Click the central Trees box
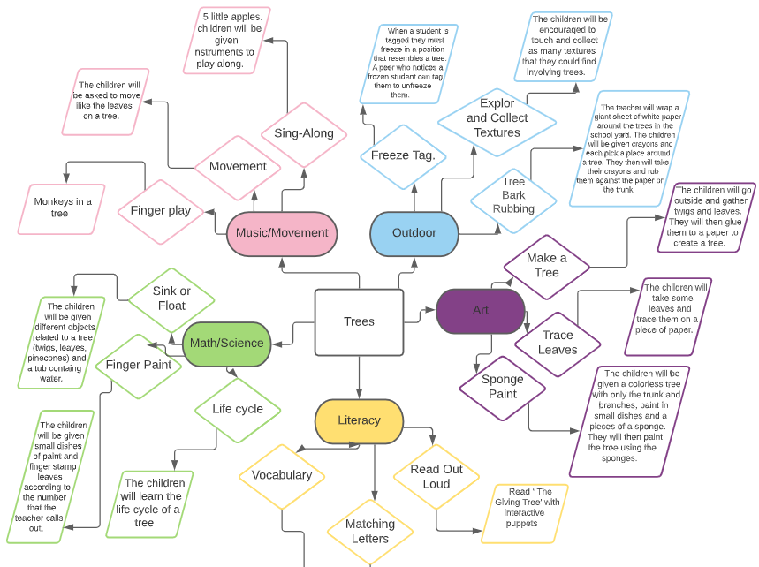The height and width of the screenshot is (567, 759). click(x=359, y=322)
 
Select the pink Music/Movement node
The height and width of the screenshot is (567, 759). click(x=282, y=233)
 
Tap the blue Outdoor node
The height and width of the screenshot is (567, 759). click(x=414, y=233)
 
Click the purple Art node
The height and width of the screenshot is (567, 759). click(x=480, y=310)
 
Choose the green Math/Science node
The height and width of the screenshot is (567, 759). click(x=227, y=343)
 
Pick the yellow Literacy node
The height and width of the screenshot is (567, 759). click(x=359, y=420)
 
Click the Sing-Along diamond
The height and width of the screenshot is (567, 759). click(x=304, y=134)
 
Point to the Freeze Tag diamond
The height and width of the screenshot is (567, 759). click(x=403, y=155)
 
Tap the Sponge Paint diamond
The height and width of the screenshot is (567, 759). click(x=503, y=386)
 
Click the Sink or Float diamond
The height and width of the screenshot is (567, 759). click(x=171, y=299)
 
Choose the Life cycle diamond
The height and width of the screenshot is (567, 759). click(x=238, y=409)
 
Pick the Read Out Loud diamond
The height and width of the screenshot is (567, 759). click(x=436, y=477)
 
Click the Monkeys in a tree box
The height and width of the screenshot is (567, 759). click(x=64, y=208)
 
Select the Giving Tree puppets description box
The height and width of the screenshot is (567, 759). click(x=520, y=512)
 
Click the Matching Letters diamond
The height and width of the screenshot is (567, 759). click(x=369, y=531)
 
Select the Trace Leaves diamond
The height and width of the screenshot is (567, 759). click(x=558, y=342)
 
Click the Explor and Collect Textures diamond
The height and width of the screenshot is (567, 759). click(x=497, y=118)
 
